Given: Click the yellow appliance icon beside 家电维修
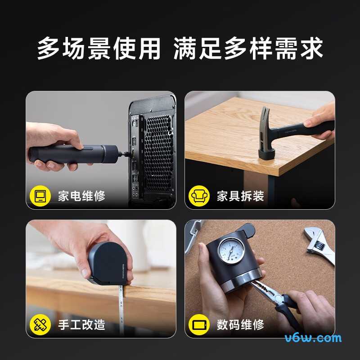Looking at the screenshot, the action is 40,196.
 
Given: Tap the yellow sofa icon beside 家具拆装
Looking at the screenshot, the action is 199,196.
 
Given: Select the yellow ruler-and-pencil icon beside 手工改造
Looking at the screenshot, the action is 40,324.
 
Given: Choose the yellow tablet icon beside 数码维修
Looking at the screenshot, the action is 199,324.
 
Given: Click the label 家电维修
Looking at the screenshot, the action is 81,196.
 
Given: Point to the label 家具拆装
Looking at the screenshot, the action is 240,196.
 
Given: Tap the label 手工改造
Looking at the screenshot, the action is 81,325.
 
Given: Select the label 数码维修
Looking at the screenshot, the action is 240,325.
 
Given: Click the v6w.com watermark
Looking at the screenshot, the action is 313,338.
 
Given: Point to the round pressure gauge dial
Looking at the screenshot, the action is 231,251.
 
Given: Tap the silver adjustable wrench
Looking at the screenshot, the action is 319,245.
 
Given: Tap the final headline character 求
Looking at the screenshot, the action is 311,48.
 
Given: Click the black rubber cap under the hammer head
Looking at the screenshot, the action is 267,153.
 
